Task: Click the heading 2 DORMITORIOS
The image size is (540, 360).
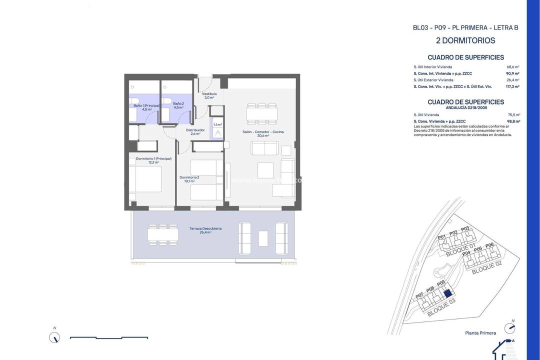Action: click(x=465, y=40)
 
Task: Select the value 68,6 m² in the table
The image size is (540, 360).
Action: click(x=513, y=66)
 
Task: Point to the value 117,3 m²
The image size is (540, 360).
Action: click(x=512, y=86)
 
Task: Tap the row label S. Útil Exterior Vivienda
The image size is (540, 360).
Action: click(x=433, y=80)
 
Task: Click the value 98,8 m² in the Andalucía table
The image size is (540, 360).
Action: click(x=513, y=121)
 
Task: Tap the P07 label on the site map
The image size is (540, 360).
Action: click(x=419, y=294)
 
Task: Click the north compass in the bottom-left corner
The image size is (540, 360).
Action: click(x=54, y=337)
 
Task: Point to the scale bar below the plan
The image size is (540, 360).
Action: click(x=108, y=338)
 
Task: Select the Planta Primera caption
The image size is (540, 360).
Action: click(x=480, y=333)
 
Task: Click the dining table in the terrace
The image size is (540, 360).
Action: click(x=163, y=234)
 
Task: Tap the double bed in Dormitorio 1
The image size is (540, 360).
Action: click(x=145, y=179)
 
